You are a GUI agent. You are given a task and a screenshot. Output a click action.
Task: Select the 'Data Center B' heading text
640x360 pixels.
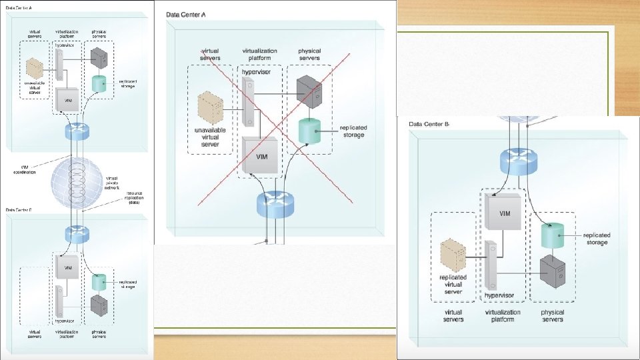pyautogui.click(x=429, y=124)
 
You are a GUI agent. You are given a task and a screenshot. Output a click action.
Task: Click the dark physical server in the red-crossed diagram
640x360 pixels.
pyautogui.click(x=311, y=89)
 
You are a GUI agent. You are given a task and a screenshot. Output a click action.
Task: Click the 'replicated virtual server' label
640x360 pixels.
pyautogui.click(x=453, y=284)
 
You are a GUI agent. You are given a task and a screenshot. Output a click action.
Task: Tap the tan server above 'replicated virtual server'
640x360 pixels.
pyautogui.click(x=457, y=255)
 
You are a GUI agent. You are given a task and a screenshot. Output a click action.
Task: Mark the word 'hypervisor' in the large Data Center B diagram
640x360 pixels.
pyautogui.click(x=502, y=295)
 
